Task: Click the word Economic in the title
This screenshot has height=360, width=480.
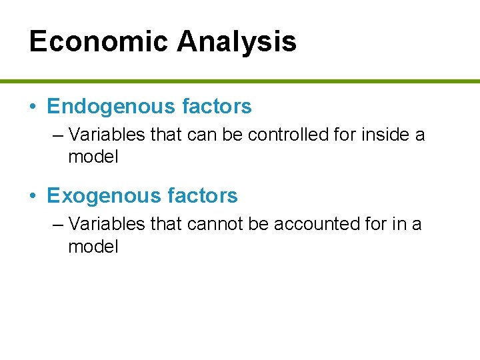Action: click(99, 41)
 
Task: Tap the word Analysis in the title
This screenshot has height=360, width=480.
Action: click(237, 41)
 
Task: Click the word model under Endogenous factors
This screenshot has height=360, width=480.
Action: click(93, 157)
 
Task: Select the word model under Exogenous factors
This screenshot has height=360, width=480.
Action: click(93, 247)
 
